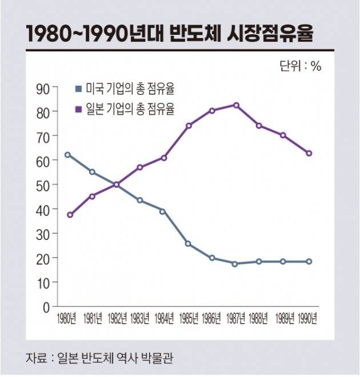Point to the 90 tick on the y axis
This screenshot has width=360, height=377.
tap(43, 87)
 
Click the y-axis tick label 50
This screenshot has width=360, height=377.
tap(43, 185)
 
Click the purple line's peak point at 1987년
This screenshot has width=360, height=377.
tap(236, 105)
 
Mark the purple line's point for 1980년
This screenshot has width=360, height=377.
tap(69, 215)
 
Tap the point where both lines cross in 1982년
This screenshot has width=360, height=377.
tap(117, 185)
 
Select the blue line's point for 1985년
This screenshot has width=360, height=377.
tap(189, 244)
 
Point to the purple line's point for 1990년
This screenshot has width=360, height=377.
tap(309, 153)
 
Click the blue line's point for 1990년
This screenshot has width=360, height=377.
tap(309, 262)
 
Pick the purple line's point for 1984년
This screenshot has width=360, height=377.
tap(163, 158)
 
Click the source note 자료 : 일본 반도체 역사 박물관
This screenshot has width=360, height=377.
tap(99, 359)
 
